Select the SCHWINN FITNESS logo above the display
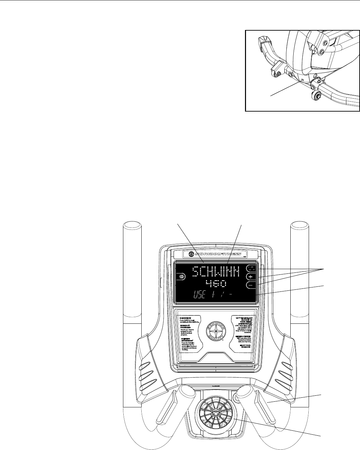[216, 254]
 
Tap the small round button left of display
[182, 276]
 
